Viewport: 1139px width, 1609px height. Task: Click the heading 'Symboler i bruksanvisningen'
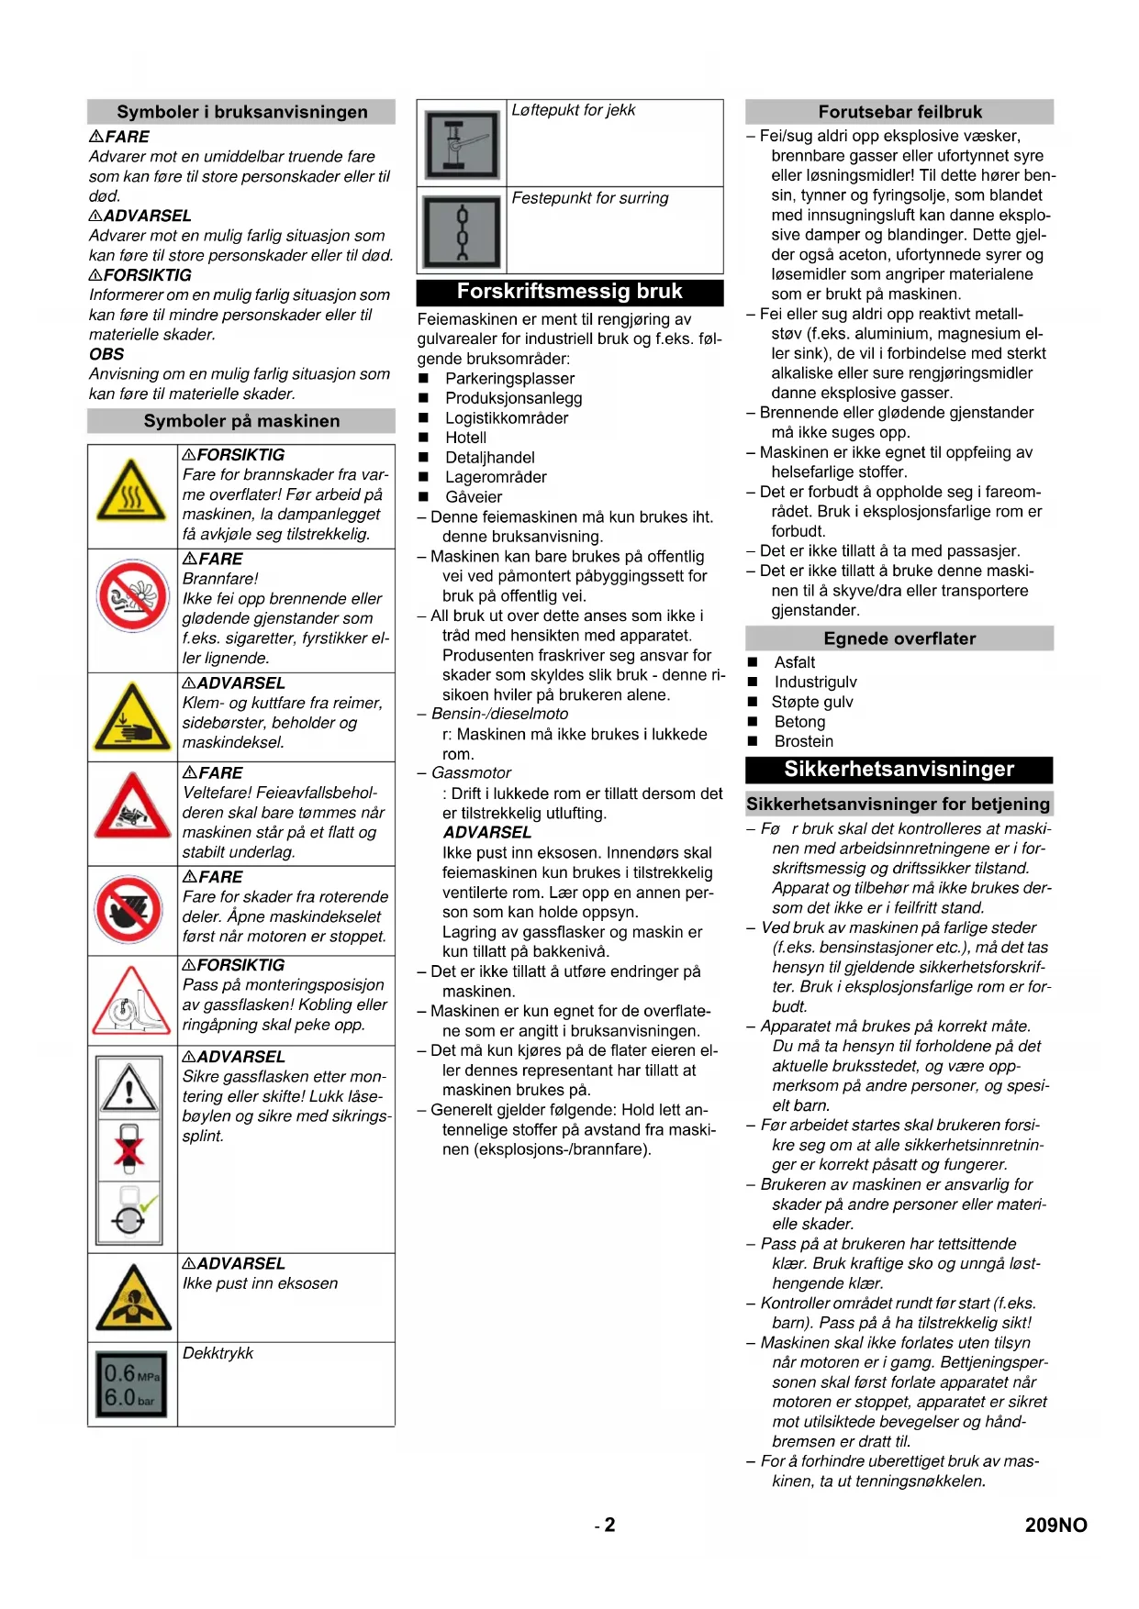241,112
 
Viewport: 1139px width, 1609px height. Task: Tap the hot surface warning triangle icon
132,496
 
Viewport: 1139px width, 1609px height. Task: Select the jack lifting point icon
462,144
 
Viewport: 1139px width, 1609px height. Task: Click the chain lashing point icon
462,231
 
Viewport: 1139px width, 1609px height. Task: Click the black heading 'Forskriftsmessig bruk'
569,292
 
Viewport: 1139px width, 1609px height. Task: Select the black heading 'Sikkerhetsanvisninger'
899,770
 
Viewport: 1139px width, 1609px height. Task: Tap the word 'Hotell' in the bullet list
465,438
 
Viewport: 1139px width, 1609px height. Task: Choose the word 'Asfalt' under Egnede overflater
794,662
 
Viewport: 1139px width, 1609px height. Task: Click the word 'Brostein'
803,741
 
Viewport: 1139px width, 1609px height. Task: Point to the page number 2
609,1525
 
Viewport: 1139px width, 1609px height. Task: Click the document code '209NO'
1055,1525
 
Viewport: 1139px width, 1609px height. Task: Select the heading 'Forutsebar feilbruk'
899,112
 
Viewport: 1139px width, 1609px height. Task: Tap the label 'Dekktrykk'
218,1353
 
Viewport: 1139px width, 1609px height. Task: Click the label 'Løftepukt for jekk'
573,110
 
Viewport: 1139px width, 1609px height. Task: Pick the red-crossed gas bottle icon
129,1149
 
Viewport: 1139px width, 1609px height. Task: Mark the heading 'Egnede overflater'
899,638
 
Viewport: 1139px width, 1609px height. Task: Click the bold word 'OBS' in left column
106,354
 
